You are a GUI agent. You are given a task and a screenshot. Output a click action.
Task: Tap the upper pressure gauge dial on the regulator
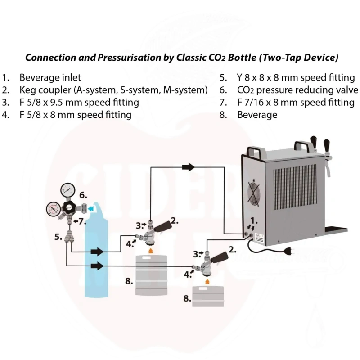point(68,190)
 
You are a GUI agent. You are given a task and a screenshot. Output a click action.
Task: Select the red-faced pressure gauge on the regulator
point(54,209)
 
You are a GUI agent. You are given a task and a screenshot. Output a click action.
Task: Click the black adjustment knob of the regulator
point(69,208)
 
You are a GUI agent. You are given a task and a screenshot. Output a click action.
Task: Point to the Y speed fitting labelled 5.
point(69,237)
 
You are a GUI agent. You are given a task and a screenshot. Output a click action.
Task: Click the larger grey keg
point(151,275)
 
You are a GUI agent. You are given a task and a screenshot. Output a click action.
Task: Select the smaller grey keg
point(208,296)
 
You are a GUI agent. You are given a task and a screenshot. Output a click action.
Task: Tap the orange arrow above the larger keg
point(151,251)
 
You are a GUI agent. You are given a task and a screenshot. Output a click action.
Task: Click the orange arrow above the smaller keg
point(207,282)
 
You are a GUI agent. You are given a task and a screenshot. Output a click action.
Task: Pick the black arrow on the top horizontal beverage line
point(189,167)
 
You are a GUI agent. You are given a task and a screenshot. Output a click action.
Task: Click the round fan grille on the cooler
point(254,193)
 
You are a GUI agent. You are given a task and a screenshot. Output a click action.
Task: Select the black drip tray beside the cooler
point(336,230)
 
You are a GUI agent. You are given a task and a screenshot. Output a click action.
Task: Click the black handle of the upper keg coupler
point(163,226)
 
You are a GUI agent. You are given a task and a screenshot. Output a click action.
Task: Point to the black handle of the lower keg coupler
point(219,257)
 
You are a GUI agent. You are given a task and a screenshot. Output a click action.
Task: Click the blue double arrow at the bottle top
point(91,208)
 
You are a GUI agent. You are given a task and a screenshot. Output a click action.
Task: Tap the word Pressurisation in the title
point(129,58)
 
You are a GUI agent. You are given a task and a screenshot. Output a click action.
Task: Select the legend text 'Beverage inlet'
point(50,77)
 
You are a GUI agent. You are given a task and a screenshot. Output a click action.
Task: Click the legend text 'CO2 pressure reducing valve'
point(297,90)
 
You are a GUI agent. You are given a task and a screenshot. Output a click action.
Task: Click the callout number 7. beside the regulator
point(81,221)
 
